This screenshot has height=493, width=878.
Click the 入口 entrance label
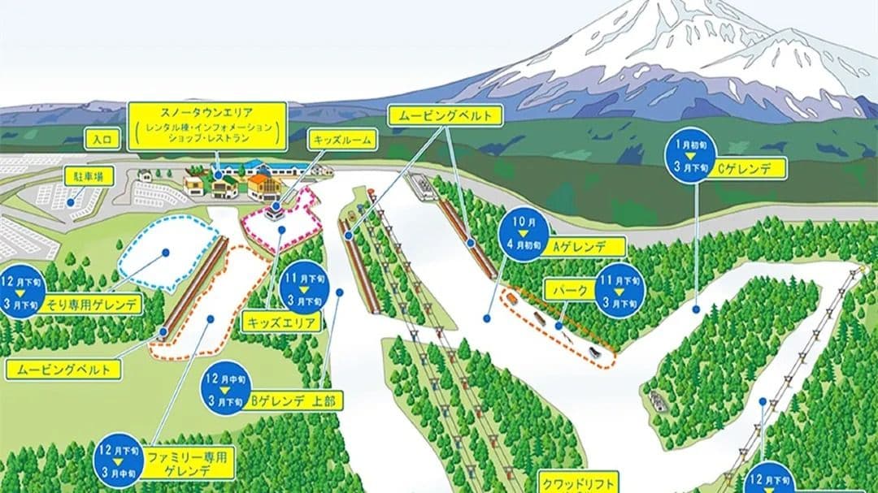click(x=101, y=140)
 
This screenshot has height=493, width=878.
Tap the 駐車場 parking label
click(x=89, y=176)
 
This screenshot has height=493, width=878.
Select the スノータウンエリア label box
click(x=208, y=125)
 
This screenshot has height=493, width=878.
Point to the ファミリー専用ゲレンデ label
click(x=189, y=461)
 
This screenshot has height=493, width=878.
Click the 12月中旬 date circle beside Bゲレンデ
click(x=224, y=387)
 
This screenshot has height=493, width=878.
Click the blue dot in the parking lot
click(x=71, y=202)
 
